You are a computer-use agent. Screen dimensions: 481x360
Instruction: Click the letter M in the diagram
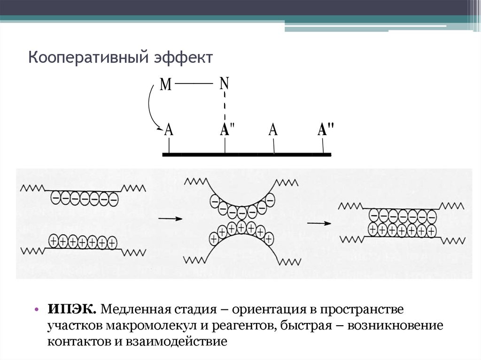click(x=165, y=85)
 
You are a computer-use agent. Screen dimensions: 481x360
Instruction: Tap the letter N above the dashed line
click(x=224, y=84)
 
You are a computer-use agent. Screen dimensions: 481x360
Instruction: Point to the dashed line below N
click(x=225, y=107)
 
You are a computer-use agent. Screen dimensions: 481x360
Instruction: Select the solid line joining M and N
click(x=194, y=84)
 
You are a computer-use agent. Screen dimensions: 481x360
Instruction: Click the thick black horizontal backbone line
click(x=246, y=154)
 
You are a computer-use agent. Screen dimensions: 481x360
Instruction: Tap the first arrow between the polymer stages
click(x=170, y=218)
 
